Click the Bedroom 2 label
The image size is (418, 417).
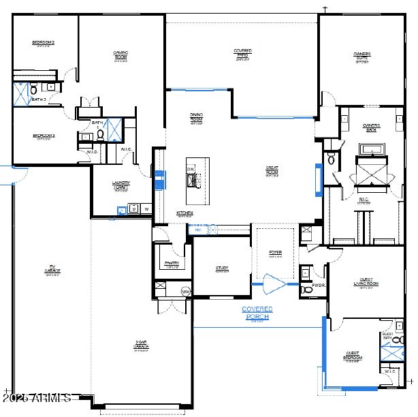tap(43, 43)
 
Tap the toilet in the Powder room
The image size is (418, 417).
tap(306, 290)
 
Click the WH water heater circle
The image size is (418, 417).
tap(184, 292)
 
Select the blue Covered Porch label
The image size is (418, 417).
tap(257, 313)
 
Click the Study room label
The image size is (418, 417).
tap(222, 268)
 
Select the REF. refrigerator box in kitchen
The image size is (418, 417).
tap(198, 230)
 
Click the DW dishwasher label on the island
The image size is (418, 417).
tap(191, 168)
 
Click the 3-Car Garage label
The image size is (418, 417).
tap(141, 346)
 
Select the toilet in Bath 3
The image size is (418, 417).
tap(33, 89)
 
